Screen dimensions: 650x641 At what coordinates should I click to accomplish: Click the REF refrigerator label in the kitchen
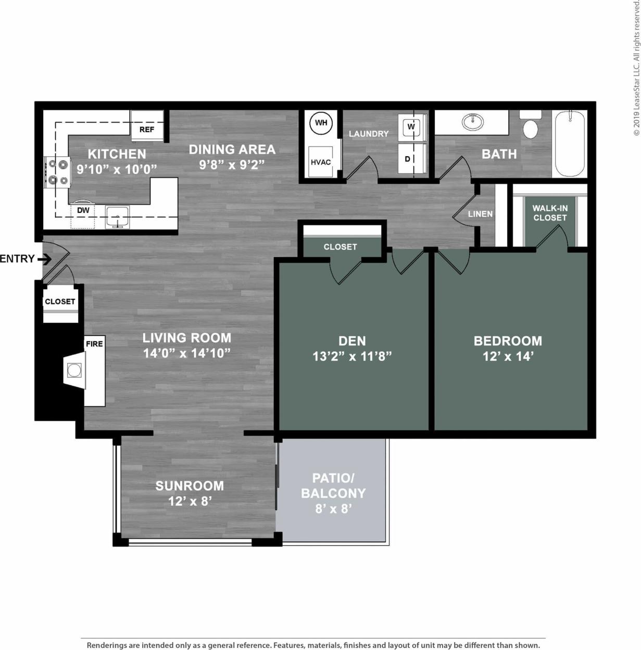point(146,130)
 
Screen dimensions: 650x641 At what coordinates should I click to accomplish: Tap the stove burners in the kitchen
point(57,172)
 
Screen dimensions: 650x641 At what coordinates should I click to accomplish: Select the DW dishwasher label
point(83,210)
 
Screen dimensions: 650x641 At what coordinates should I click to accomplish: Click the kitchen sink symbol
point(118,216)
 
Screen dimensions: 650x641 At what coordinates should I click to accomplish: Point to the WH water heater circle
point(321,123)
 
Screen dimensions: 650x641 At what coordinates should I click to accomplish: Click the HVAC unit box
point(321,162)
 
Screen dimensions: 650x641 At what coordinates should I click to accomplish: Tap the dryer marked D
point(408,159)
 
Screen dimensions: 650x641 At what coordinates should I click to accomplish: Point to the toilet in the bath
point(530,126)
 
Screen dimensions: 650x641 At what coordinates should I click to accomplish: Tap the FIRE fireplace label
point(94,344)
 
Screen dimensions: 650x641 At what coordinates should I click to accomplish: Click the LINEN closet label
point(480,214)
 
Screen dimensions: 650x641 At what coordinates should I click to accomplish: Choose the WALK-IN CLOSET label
point(550,213)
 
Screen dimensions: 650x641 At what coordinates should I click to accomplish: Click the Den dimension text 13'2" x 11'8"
point(352,356)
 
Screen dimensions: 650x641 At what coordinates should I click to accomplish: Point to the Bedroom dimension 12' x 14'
point(507,356)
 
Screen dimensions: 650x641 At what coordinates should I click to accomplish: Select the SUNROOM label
point(190,485)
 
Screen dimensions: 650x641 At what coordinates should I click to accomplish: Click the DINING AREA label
point(232,149)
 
